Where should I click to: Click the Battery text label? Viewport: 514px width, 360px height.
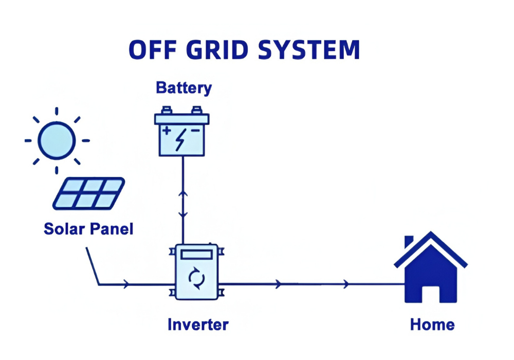[183, 87]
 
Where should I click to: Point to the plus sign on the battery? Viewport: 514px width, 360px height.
[167, 130]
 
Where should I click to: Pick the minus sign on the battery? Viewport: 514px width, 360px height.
[196, 131]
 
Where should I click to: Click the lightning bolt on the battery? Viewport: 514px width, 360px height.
[180, 139]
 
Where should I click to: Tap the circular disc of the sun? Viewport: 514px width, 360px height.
[57, 140]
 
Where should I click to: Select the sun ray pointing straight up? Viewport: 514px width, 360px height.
[57, 112]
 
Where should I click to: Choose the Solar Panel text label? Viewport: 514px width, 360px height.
[88, 228]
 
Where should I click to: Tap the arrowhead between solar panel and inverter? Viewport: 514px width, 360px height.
[126, 284]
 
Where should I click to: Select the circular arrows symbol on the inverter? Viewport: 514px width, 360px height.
[196, 279]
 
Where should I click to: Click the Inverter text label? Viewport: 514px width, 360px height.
[198, 325]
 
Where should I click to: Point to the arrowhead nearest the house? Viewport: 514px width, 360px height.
[347, 284]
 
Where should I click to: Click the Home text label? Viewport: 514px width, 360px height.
[432, 325]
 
